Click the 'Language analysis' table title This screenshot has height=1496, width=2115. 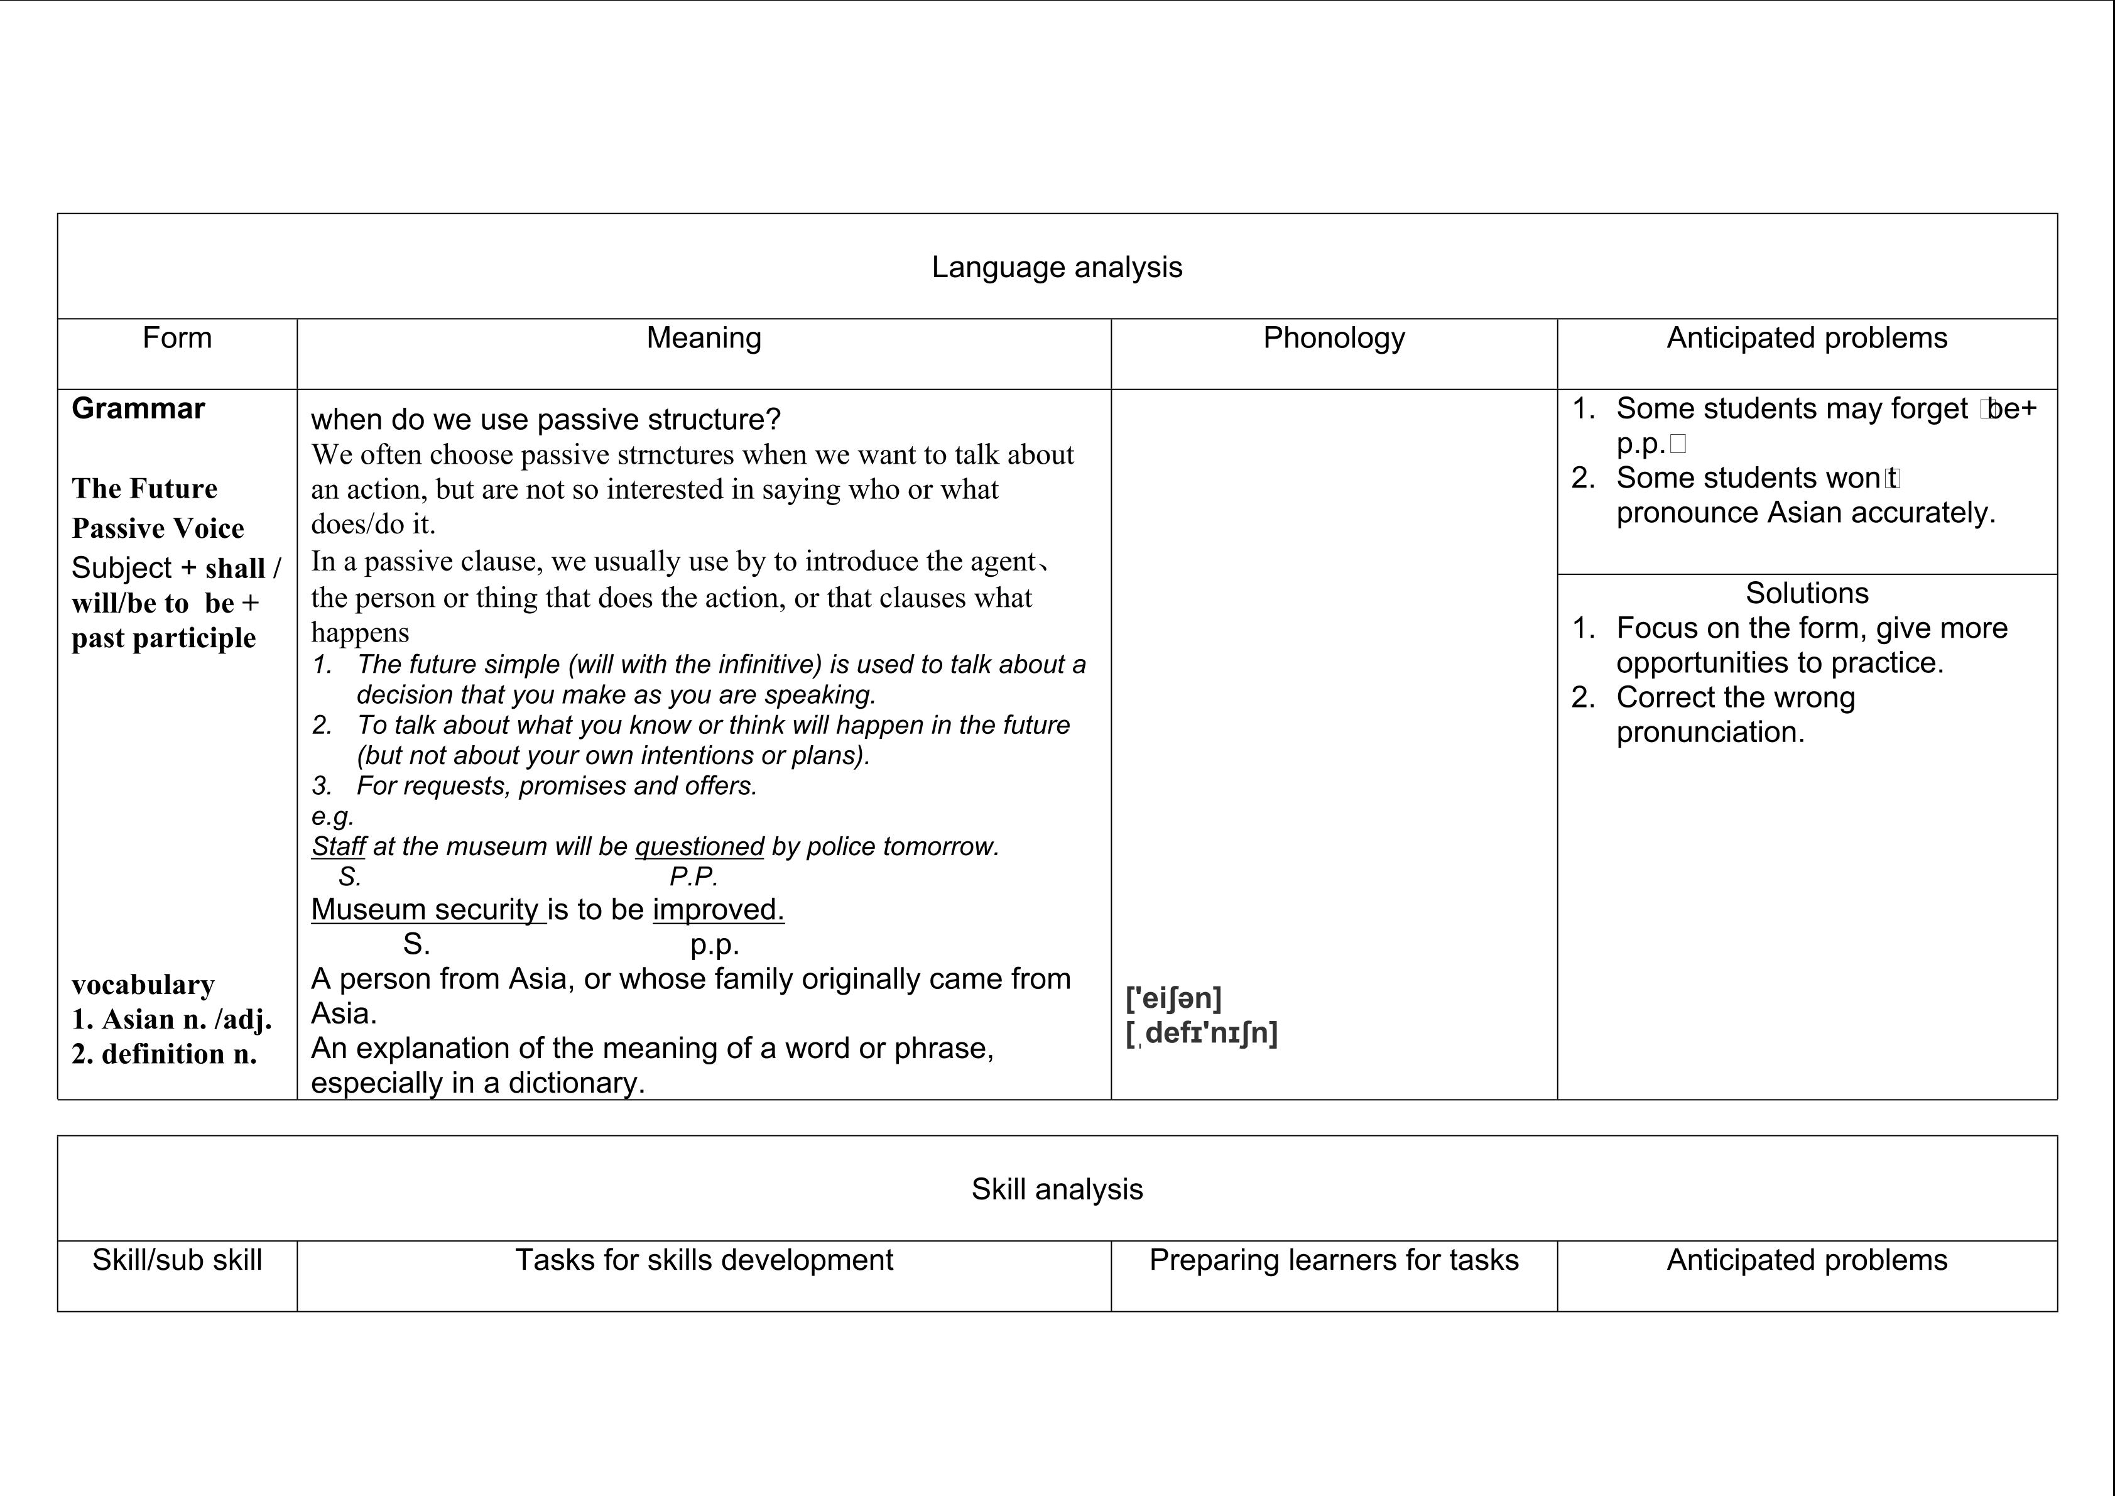tap(1057, 267)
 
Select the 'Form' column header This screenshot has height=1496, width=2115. tap(177, 338)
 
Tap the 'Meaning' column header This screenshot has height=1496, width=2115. tap(704, 338)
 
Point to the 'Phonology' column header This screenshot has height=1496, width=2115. tap(1334, 338)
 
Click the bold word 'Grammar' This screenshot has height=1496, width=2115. tap(138, 408)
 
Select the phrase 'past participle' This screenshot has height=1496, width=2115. tap(164, 638)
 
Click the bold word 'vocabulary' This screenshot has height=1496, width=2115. tap(143, 985)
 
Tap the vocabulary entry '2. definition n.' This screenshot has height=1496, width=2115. tap(164, 1054)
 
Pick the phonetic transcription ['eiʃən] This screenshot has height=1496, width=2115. tap(1173, 998)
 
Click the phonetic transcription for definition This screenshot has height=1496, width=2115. tap(1202, 1033)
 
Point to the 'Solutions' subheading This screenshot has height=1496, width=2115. tap(1807, 592)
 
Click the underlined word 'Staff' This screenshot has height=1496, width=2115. tap(338, 846)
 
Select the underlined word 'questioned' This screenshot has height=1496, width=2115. tap(699, 846)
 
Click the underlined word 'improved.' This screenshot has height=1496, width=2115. tap(719, 909)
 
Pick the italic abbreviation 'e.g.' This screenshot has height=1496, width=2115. tap(332, 816)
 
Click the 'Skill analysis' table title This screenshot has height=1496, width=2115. tap(1057, 1189)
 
